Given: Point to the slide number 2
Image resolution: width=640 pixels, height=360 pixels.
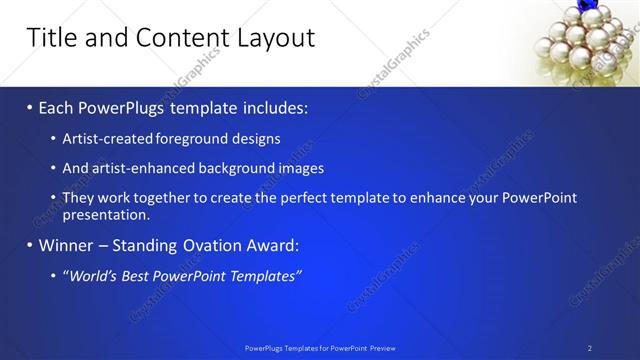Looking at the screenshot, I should point(589,348).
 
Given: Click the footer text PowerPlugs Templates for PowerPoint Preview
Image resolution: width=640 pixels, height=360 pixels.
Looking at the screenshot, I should point(320,348).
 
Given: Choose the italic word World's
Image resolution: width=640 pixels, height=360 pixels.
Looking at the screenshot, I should point(93,275).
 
